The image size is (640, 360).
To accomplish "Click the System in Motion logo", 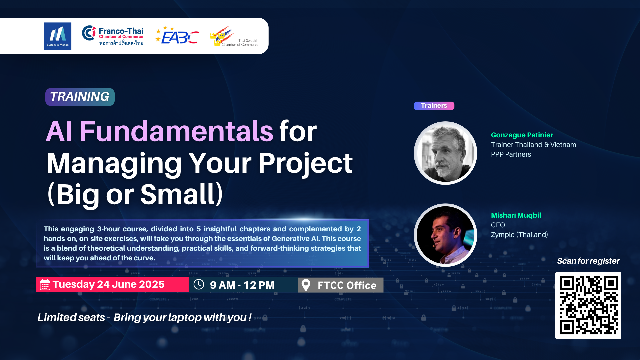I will click(58, 36).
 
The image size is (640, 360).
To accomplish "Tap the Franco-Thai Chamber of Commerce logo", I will click(113, 36).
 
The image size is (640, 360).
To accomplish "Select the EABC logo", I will click(177, 35).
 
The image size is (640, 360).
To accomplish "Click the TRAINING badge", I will click(80, 97).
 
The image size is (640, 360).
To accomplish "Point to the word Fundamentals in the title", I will click(176, 131).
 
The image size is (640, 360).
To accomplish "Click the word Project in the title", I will click(305, 163).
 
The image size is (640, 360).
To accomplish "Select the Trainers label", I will click(434, 106).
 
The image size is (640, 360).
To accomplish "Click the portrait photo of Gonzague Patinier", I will click(445, 153).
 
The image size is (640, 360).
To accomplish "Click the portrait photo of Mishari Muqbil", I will click(445, 235).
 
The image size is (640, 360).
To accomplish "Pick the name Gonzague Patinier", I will click(522, 135).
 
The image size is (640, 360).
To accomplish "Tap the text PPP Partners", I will click(511, 154).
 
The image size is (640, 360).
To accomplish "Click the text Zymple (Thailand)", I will click(519, 235).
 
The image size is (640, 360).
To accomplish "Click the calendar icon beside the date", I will click(45, 285).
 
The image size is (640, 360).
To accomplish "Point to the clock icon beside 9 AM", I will click(199, 284).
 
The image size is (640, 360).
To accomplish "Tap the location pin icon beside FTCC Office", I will click(306, 285).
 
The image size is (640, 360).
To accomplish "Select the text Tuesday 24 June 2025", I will click(108, 284).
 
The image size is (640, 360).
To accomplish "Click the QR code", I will click(588, 305).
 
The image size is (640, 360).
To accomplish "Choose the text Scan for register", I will click(588, 261).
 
